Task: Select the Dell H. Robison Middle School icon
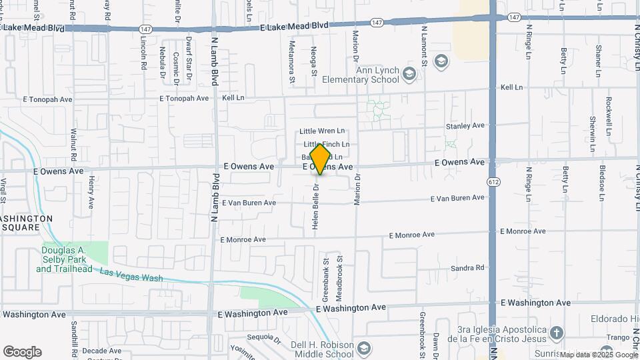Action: (364, 347)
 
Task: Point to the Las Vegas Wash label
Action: (131, 275)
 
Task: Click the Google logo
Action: (22, 351)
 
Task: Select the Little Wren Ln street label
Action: (322, 131)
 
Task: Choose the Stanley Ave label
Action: (465, 125)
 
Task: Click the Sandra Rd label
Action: (467, 267)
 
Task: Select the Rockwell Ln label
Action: (608, 113)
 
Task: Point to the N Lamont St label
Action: (424, 46)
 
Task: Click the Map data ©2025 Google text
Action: (598, 355)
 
